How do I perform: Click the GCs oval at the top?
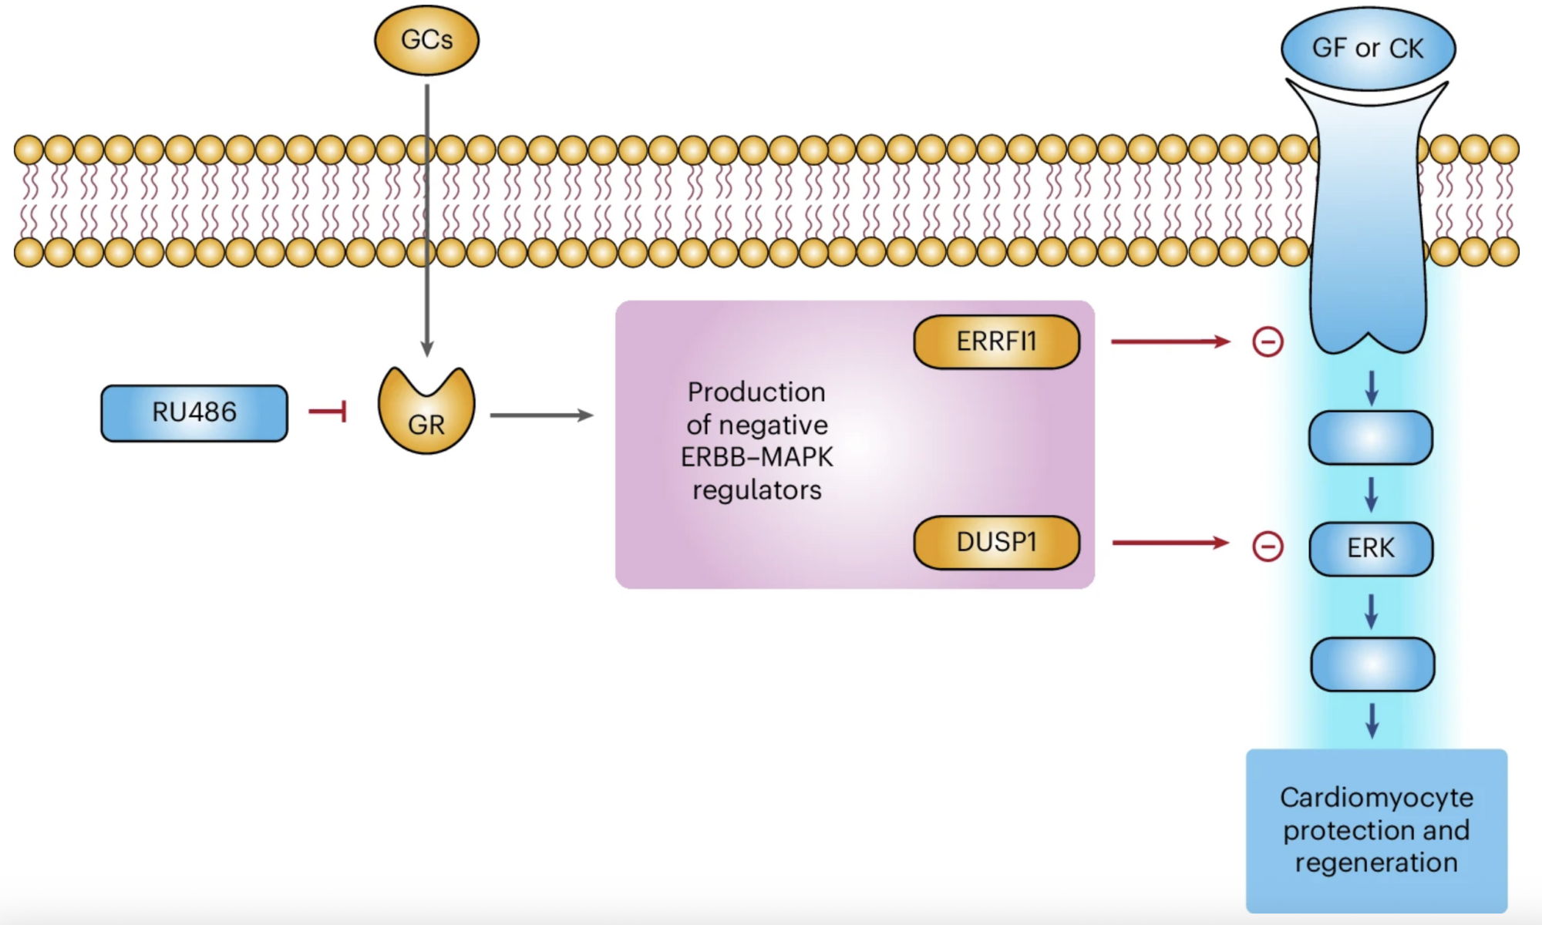point(426,40)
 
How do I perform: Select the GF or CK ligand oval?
point(1368,49)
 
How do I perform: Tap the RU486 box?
point(194,413)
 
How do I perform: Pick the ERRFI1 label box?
point(996,341)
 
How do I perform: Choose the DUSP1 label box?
point(996,543)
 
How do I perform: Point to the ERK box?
point(1371,549)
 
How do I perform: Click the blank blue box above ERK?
point(1371,438)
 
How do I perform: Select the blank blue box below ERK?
point(1372,664)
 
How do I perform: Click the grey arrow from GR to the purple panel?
point(541,415)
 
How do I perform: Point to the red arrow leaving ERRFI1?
point(1170,341)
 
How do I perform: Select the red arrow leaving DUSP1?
point(1170,543)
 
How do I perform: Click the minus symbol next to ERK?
point(1268,547)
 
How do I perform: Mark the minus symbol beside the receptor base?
point(1268,341)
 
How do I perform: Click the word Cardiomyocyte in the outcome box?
point(1376,798)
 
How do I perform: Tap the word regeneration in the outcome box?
point(1376,863)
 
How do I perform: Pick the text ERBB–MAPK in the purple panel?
point(756,458)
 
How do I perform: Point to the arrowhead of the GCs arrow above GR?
point(427,348)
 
